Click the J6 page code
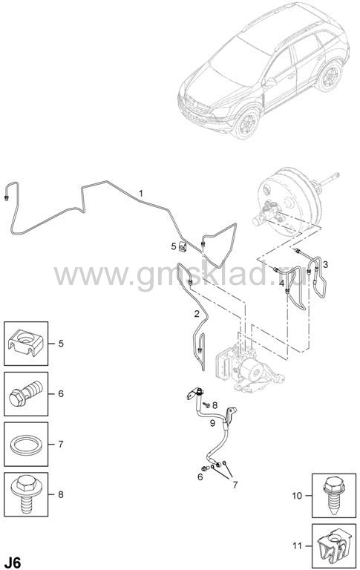(12, 562)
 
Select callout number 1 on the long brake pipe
(141, 194)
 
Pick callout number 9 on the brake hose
(212, 423)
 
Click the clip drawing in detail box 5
(26, 343)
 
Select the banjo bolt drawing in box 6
(26, 393)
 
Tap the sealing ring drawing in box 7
(26, 445)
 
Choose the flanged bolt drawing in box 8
(26, 494)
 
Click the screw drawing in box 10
(334, 495)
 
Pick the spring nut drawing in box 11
(334, 546)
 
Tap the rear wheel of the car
(330, 76)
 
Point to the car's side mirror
(270, 82)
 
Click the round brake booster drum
(288, 202)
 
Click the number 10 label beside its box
(297, 496)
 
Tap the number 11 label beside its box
(297, 546)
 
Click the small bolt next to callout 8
(206, 404)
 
